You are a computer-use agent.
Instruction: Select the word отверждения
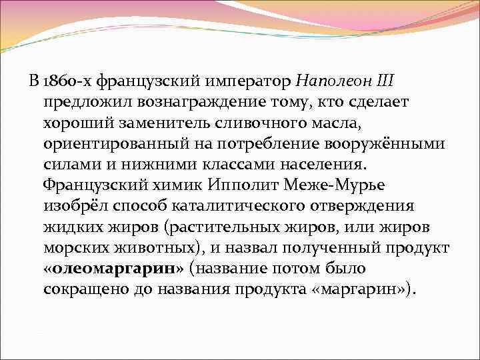click(360, 207)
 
